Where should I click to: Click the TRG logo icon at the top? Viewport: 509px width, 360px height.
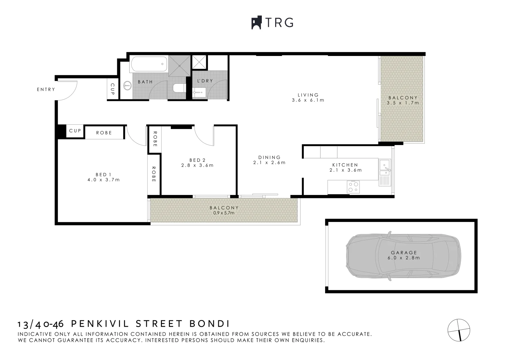coord(256,23)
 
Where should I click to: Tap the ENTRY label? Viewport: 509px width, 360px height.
coord(46,89)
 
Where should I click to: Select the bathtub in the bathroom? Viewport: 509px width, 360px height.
coord(149,64)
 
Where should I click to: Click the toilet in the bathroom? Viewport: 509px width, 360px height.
coord(179,88)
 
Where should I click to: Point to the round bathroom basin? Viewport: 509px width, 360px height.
coord(127,86)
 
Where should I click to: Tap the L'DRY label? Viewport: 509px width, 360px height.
coord(205,81)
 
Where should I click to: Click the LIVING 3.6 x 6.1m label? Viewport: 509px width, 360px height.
coord(308,98)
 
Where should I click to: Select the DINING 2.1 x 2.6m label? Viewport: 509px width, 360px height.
coord(269,160)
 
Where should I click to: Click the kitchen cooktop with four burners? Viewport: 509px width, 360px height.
coord(353,187)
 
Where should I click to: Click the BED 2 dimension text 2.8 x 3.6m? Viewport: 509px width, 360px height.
coord(197,165)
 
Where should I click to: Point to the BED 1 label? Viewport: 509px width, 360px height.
coord(103,175)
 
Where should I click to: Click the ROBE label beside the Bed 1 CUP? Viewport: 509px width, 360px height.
coord(104,133)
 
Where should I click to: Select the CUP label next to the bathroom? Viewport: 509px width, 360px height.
coord(112,89)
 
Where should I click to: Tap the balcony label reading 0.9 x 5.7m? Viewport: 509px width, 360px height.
coord(224,213)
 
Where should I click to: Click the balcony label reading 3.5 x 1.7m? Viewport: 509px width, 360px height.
coord(403,103)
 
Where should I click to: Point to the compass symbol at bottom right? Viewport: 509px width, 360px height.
coord(459,330)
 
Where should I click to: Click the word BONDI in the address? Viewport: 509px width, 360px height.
coord(210,324)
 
